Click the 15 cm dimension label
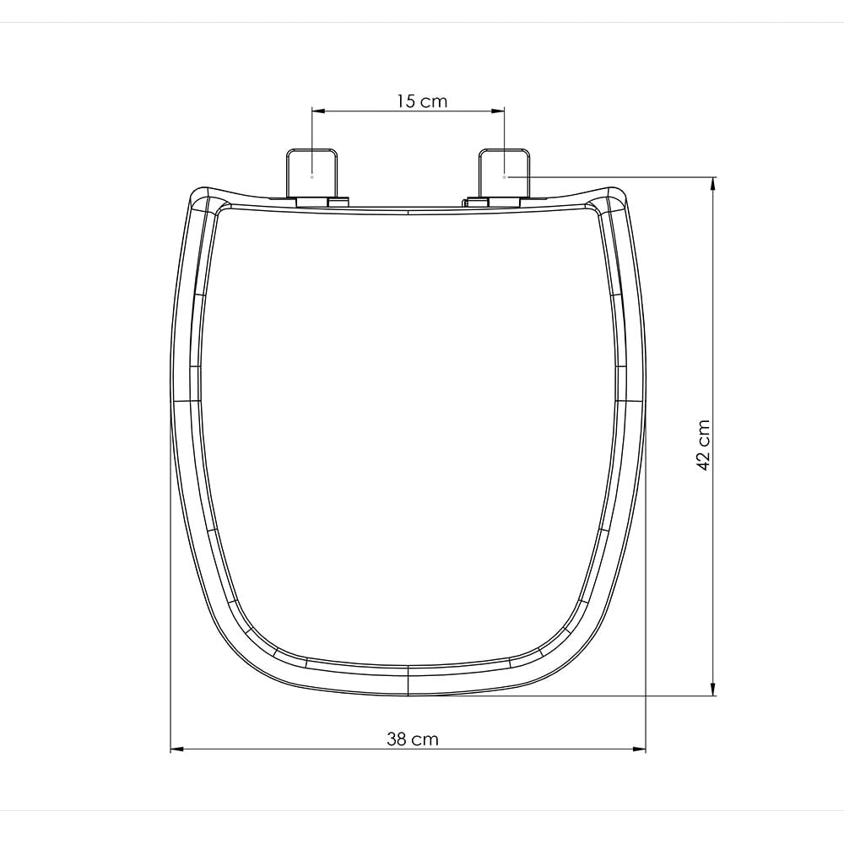[422, 101]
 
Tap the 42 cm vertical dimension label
[703, 445]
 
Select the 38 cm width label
[413, 739]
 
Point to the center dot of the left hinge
[312, 177]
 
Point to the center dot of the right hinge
[504, 177]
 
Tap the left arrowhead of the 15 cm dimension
[318, 110]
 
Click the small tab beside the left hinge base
[338, 202]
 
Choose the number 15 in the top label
[407, 101]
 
